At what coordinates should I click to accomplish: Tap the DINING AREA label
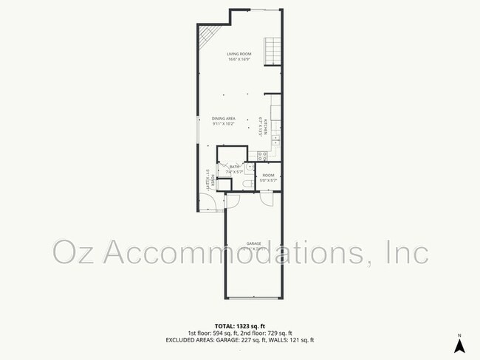coord(224,119)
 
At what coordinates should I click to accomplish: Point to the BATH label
coord(235,167)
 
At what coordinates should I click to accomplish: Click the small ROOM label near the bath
coord(268,175)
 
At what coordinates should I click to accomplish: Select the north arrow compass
coord(459,345)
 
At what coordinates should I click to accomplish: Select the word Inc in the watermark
coord(408,252)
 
